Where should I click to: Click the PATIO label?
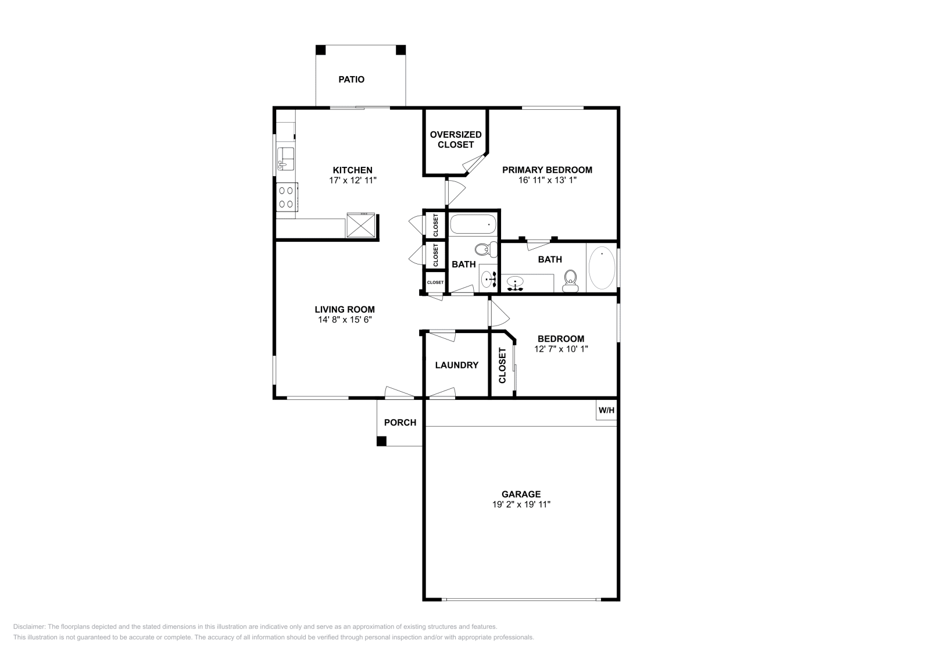pos(351,80)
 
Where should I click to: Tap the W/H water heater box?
pos(606,410)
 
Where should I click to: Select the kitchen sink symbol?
pos(285,158)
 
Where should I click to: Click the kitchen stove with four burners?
pos(286,196)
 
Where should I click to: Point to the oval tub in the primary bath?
pos(602,268)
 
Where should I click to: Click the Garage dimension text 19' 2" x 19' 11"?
pos(521,505)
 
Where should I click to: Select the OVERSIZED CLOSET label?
pos(456,140)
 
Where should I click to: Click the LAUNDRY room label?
pos(456,365)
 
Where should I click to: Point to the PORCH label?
pos(400,423)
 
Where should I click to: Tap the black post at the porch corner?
pos(381,441)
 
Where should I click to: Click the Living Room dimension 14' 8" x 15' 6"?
pos(344,320)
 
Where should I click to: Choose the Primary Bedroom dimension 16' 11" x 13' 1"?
pos(547,180)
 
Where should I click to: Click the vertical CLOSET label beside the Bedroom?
pos(503,366)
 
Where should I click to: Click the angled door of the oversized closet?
pos(475,164)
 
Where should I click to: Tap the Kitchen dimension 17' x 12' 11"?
pos(352,180)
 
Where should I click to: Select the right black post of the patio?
pos(400,50)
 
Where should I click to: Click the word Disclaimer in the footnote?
pos(28,627)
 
